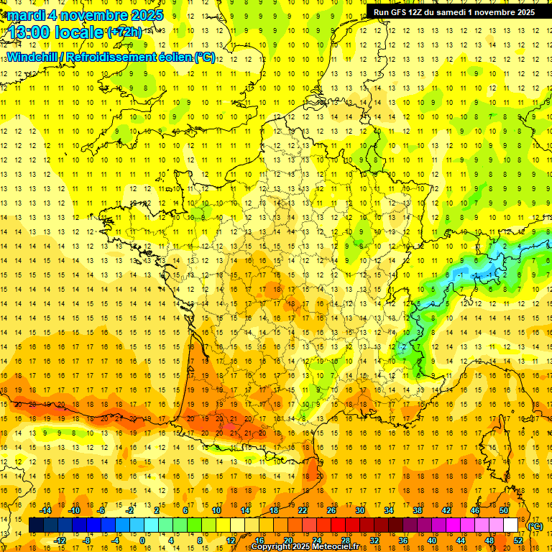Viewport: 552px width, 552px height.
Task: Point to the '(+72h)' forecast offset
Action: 124,32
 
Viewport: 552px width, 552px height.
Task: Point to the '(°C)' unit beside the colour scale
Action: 535,526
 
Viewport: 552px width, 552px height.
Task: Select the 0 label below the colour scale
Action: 142,540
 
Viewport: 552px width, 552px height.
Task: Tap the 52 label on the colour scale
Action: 518,540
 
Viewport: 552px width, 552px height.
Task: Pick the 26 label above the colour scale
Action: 331,510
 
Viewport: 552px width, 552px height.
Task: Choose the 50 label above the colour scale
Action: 504,510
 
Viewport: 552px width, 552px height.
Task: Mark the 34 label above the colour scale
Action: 389,510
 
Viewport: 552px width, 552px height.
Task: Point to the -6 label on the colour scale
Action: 101,510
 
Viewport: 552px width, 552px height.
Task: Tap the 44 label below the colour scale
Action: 461,540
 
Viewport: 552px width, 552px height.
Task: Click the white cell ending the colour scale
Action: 511,525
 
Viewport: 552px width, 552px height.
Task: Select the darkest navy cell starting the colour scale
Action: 36,525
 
